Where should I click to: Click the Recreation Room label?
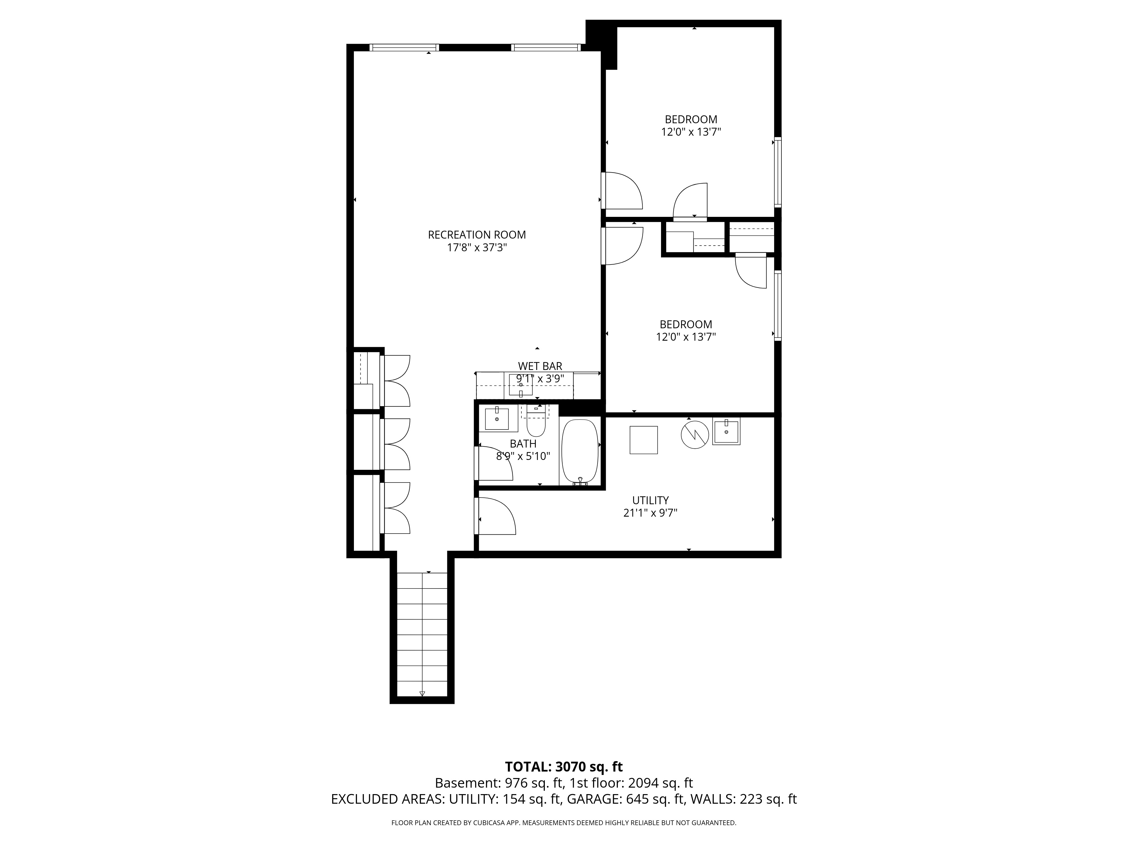point(477,235)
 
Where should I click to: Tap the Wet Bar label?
point(540,366)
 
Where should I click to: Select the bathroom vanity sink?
point(497,419)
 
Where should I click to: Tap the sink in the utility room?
point(726,431)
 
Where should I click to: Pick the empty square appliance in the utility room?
point(644,440)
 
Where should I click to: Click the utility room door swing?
point(496,516)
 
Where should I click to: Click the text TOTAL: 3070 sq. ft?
point(563,781)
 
